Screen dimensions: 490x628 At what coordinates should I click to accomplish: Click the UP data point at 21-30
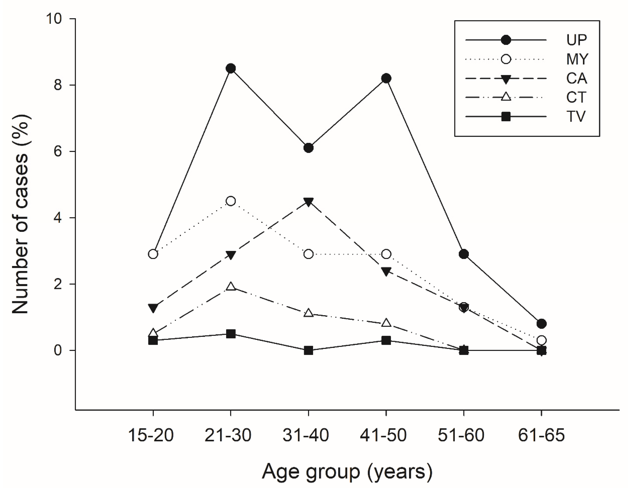tap(231, 69)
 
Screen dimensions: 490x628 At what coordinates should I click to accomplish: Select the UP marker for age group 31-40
tap(308, 148)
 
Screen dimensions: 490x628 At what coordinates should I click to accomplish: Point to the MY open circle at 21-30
tap(231, 201)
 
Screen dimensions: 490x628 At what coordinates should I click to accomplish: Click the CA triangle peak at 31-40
tap(308, 202)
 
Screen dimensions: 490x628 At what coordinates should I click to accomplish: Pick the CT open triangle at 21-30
tap(231, 287)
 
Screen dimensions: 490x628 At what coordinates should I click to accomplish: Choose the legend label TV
tap(576, 117)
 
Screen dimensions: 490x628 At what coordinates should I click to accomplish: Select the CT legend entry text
tap(576, 97)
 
